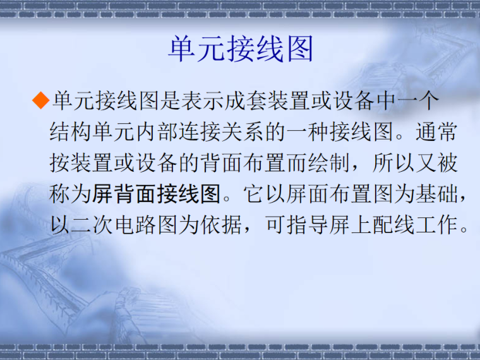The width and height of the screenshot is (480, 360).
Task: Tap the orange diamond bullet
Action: click(x=41, y=100)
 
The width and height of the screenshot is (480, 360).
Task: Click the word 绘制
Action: click(x=328, y=163)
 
